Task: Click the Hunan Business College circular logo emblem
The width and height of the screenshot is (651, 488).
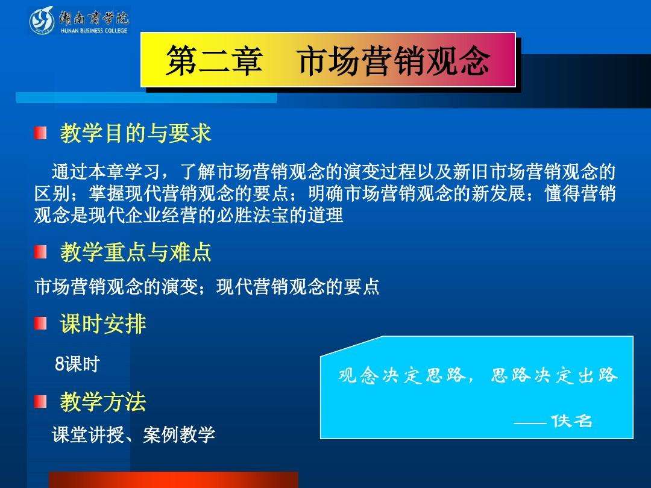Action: [42, 20]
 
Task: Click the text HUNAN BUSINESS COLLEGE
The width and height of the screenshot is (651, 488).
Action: [94, 30]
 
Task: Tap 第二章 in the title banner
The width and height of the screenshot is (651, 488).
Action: [214, 61]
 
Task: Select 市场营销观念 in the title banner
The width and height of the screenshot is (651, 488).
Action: [394, 61]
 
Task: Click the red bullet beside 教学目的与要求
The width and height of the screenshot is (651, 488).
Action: [40, 133]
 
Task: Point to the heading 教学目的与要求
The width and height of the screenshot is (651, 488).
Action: [136, 133]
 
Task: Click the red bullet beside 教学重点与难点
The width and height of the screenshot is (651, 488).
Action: [40, 251]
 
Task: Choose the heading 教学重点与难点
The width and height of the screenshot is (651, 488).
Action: [136, 252]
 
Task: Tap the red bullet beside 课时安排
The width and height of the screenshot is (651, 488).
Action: [40, 324]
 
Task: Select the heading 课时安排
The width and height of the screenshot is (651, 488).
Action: [103, 324]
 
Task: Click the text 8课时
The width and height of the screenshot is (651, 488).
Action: [77, 364]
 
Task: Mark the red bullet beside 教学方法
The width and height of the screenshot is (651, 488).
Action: [40, 401]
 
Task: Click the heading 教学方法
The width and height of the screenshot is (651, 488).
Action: [103, 402]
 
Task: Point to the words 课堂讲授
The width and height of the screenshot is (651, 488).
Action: [88, 434]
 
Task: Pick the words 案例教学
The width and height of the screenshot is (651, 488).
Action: [179, 434]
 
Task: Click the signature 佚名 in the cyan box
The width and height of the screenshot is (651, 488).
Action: [571, 421]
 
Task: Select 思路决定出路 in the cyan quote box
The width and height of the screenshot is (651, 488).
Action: [555, 375]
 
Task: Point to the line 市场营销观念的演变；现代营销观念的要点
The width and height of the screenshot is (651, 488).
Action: [207, 286]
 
